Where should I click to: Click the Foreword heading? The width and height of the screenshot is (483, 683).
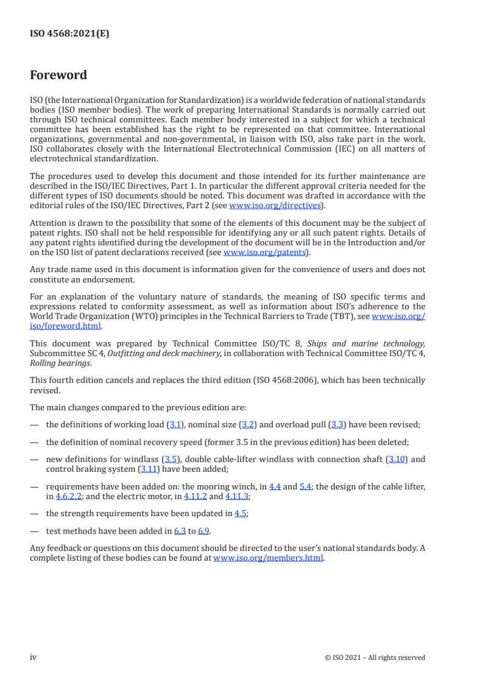(58, 75)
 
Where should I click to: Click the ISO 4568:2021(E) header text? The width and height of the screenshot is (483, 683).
(69, 34)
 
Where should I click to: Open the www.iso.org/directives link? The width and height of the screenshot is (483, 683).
(275, 206)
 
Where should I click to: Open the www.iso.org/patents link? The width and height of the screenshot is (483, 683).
(266, 252)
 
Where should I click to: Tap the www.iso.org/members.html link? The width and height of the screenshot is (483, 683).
(268, 558)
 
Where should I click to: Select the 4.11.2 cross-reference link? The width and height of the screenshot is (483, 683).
(194, 496)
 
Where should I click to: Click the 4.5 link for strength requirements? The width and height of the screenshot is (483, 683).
(241, 513)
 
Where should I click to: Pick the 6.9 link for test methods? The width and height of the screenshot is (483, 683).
(203, 531)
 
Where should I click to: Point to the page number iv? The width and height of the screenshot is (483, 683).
(33, 657)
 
